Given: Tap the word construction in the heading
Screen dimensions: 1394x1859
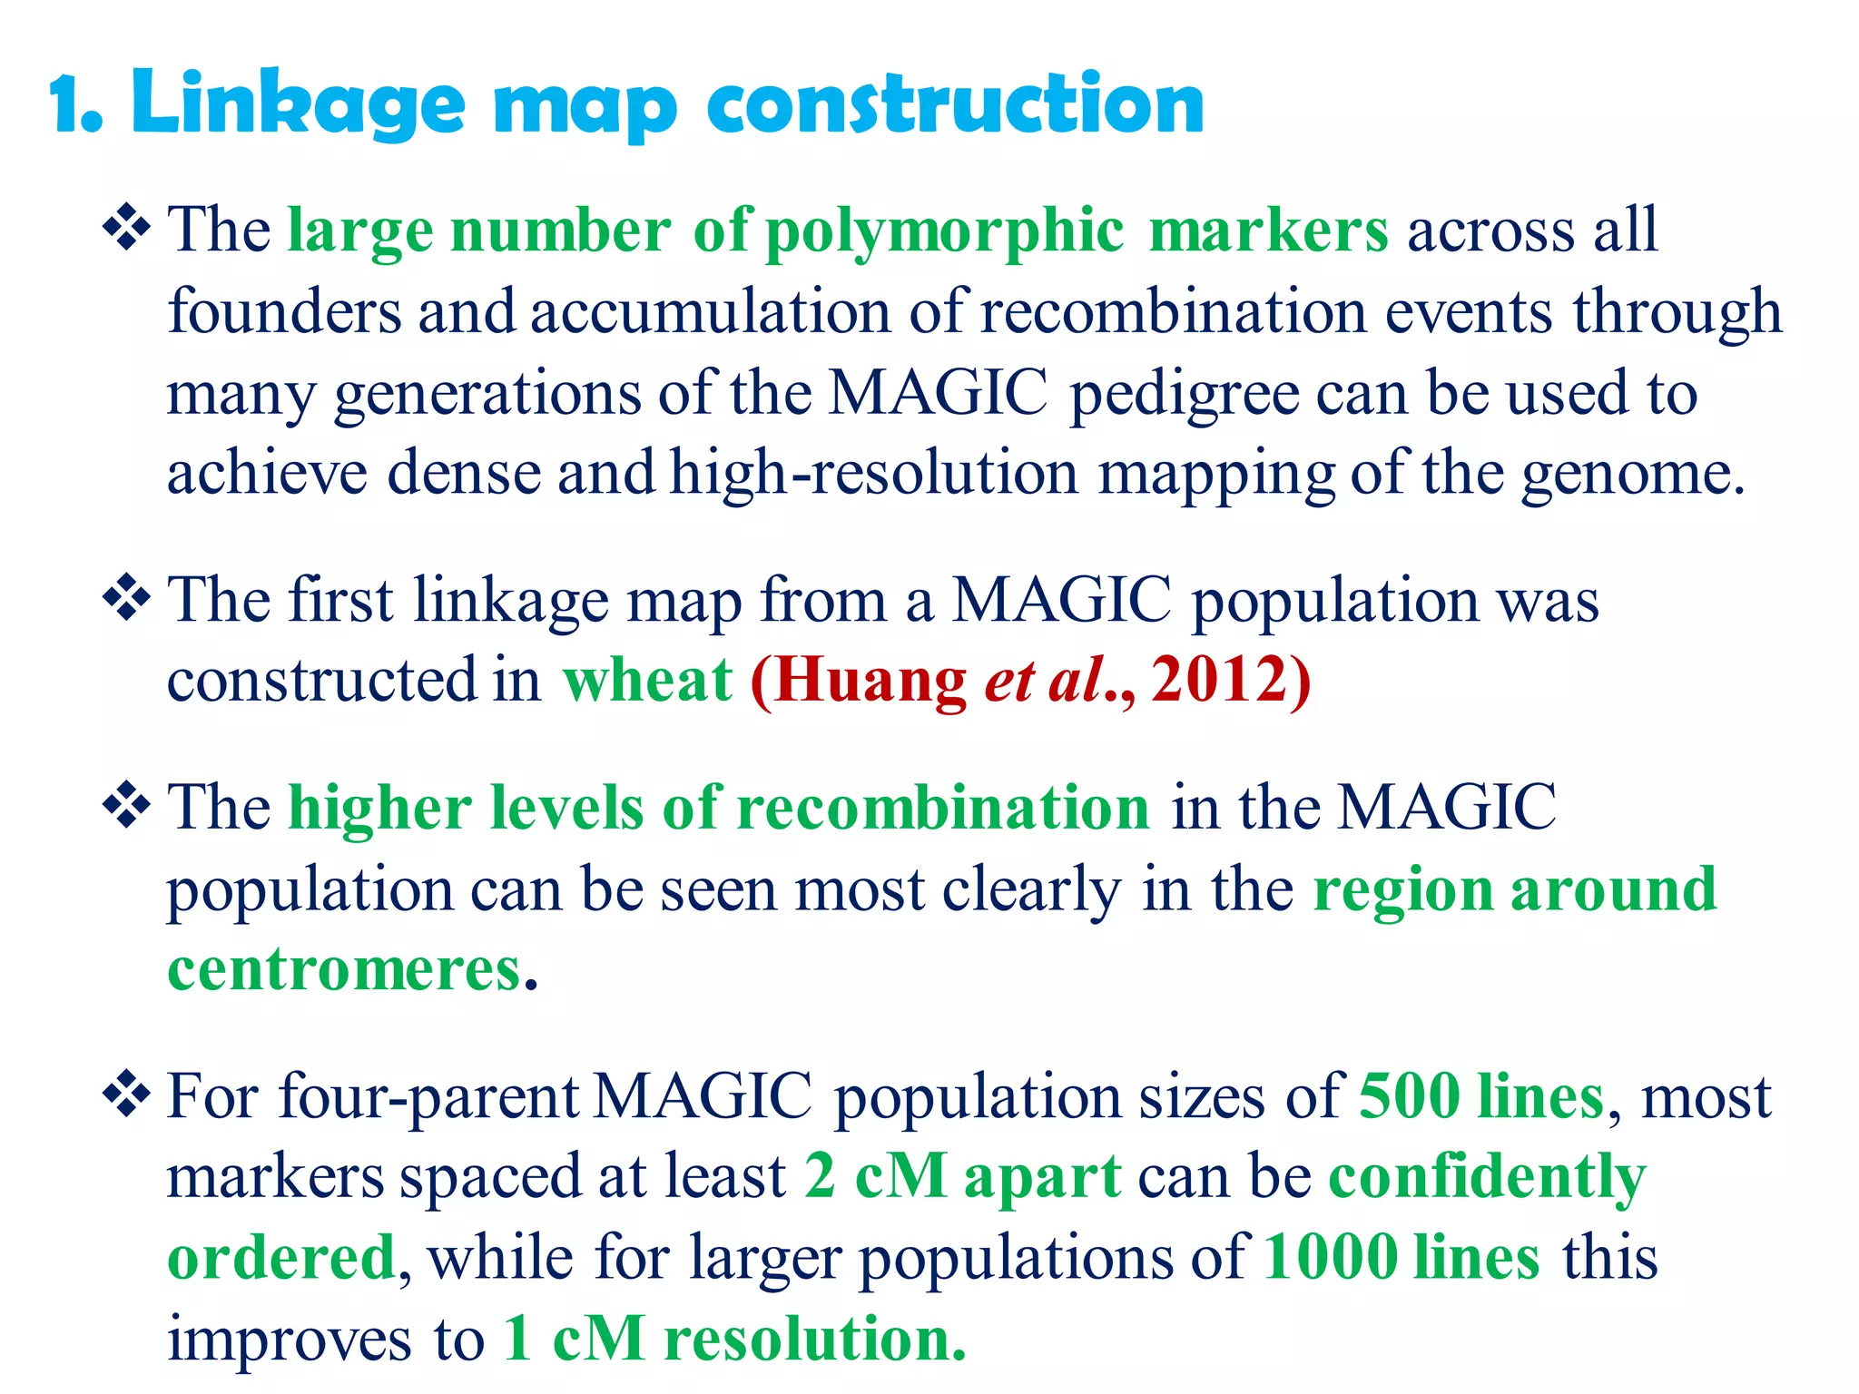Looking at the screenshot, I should [955, 104].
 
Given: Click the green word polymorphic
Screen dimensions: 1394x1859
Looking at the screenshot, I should [944, 231].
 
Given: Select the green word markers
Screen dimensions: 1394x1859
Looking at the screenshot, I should [1268, 231].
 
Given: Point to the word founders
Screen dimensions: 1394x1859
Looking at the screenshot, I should [284, 312].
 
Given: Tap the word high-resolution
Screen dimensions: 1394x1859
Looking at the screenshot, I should [874, 474].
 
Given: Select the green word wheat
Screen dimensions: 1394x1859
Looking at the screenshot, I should [647, 681].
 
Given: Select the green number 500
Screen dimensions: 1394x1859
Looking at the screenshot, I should [1409, 1096].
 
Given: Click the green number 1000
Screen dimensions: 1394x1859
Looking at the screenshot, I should [1331, 1258].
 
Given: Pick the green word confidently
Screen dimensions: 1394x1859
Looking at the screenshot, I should [1487, 1178].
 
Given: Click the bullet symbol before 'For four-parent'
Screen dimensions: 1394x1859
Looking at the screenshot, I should [126, 1093].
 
